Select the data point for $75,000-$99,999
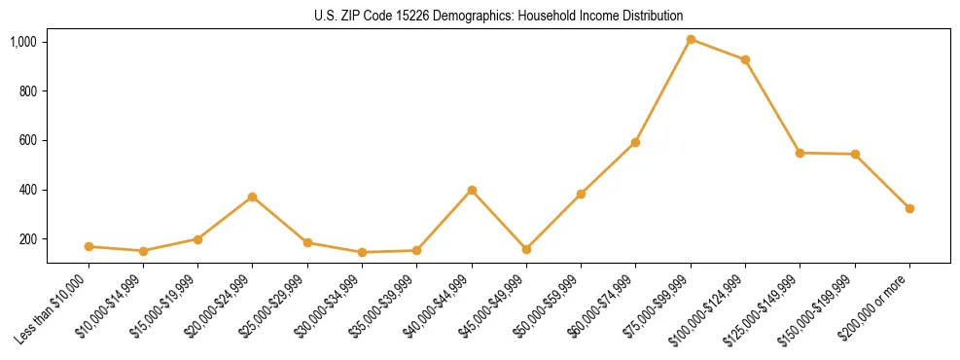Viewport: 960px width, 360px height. [x=691, y=39]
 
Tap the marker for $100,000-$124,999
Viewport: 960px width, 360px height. [x=745, y=60]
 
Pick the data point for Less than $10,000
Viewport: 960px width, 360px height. [x=89, y=247]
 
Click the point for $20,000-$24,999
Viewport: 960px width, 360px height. [x=253, y=197]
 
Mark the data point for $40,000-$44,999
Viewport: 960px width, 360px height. [x=472, y=190]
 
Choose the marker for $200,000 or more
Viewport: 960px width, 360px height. [x=909, y=208]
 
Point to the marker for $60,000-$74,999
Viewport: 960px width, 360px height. [x=635, y=142]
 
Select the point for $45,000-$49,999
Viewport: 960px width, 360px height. [x=526, y=249]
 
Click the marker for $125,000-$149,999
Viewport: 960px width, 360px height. [x=800, y=153]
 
